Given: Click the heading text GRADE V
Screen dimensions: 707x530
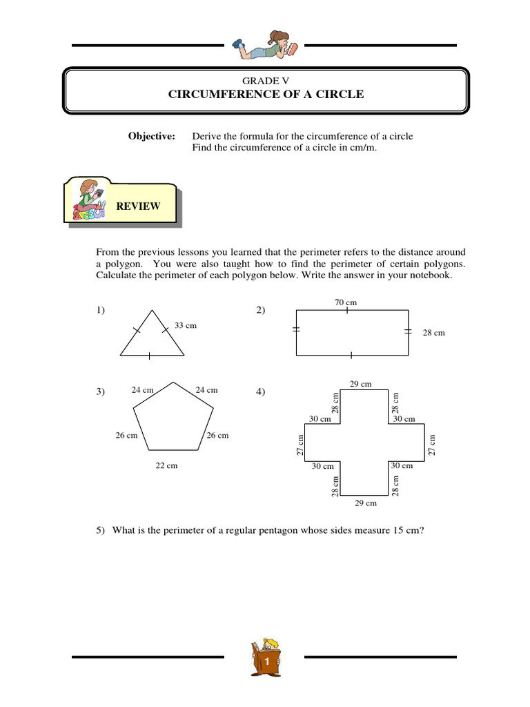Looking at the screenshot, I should coord(265,81).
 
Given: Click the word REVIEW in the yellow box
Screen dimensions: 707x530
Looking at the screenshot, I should coord(138,206).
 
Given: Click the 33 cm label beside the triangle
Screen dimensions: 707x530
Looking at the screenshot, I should coord(186,325).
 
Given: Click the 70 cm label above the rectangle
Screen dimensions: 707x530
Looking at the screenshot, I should coord(345,302).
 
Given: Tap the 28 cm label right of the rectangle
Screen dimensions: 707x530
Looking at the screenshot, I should coord(434,333).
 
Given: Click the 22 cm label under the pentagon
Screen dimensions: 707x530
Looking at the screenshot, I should coord(166,465).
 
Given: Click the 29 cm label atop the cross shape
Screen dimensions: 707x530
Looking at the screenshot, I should coord(360,384).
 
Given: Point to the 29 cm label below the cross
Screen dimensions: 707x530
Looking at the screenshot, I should coord(366,503).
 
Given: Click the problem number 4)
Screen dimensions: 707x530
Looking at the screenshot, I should coord(261,391).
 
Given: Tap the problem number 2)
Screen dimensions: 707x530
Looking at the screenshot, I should coord(261,311).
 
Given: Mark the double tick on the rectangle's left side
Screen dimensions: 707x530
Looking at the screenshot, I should coord(297,331).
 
